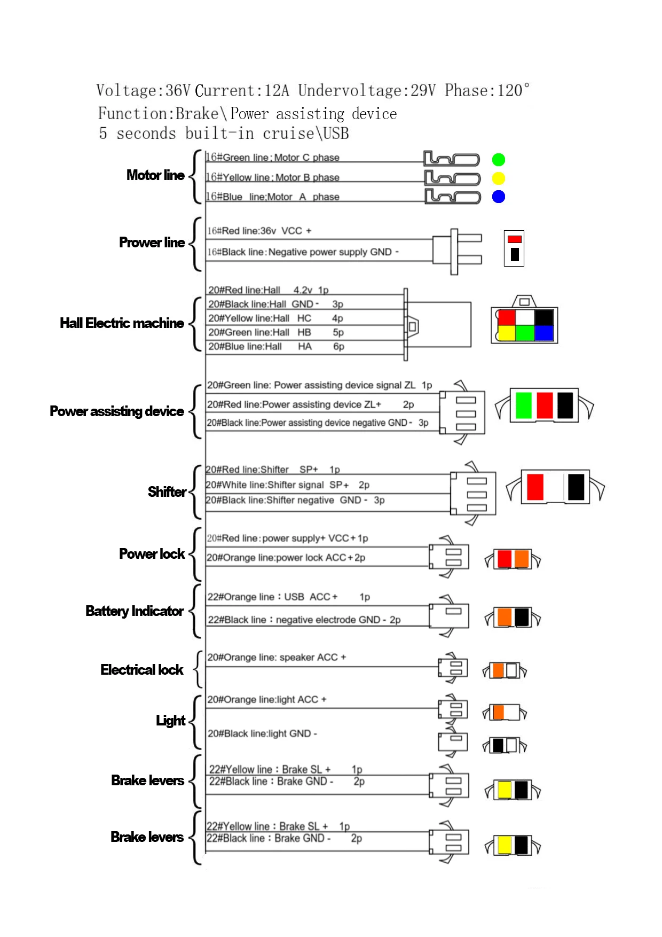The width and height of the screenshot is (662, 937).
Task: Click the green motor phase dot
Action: (498, 160)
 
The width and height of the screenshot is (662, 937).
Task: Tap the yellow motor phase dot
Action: (498, 178)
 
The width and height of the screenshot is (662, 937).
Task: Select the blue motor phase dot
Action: (498, 197)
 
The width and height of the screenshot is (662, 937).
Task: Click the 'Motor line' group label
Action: (155, 175)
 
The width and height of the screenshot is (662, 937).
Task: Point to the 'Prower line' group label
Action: (152, 243)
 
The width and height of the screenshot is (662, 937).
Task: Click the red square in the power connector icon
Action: (514, 239)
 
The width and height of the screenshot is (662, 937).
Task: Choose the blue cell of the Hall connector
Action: (544, 333)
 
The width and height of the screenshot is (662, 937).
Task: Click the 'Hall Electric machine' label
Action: (122, 323)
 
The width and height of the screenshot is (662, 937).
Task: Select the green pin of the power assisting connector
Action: (524, 405)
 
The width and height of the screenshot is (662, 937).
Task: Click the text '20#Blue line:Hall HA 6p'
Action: (276, 347)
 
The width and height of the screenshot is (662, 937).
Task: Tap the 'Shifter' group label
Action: (167, 492)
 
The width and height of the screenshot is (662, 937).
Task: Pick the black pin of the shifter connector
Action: (576, 487)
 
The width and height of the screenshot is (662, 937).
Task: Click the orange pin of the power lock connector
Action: (522, 559)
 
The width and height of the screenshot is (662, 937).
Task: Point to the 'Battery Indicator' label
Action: (135, 611)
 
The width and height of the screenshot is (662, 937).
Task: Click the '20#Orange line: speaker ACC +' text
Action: (277, 657)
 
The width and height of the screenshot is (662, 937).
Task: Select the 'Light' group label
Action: (170, 721)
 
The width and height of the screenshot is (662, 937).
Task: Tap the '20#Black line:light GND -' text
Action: (262, 733)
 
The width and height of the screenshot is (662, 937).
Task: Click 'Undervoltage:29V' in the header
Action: (367, 90)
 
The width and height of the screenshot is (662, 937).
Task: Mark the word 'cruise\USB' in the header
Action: (306, 133)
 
